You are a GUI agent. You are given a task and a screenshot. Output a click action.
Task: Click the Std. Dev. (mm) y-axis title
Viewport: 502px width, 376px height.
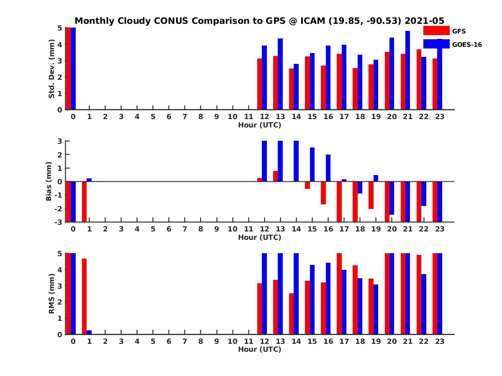coord(52,69)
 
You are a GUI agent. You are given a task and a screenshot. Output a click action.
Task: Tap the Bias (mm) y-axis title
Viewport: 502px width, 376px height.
coord(49,181)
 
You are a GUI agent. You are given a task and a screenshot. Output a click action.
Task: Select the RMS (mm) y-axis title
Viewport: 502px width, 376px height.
coord(52,294)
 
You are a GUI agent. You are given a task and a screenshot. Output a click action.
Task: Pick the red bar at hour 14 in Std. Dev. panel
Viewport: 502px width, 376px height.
coord(291,89)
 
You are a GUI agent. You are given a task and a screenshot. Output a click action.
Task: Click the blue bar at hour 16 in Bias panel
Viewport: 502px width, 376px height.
coord(328,168)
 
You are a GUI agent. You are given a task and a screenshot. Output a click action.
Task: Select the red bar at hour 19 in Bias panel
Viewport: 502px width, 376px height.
coord(371,195)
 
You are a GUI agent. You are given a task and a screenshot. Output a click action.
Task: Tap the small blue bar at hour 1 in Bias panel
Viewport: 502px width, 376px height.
coord(89,180)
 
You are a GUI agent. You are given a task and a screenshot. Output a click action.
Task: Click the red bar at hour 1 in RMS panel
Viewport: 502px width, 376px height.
coord(84,296)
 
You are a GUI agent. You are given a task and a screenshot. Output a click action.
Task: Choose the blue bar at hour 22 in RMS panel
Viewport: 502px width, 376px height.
coord(423,304)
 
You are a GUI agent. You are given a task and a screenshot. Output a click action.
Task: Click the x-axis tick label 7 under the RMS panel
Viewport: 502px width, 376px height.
coord(185,342)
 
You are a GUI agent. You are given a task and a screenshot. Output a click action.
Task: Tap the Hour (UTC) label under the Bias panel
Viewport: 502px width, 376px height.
coord(259,237)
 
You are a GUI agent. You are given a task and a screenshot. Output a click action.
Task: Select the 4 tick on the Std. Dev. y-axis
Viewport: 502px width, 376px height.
coord(60,44)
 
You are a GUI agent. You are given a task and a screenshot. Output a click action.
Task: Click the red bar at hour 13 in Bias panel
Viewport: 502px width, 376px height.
coord(275,176)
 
